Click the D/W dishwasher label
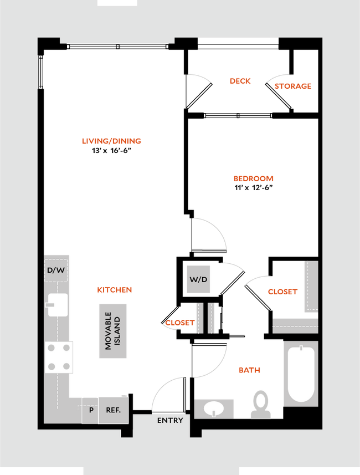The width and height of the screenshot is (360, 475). point(56,271)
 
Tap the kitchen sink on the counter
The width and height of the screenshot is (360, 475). point(58,304)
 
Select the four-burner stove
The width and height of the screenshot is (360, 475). point(59,357)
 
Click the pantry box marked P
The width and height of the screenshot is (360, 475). point(90,410)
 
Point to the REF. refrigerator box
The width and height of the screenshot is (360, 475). point(113,410)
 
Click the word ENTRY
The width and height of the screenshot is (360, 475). point(169,420)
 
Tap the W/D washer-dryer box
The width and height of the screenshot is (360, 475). point(198,279)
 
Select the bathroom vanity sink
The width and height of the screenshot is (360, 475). point(214,409)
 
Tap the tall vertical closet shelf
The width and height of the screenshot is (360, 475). point(310,287)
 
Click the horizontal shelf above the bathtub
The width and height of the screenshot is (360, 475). point(295,325)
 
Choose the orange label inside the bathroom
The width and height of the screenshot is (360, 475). point(249,370)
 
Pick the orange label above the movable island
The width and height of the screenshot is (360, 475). point(114,289)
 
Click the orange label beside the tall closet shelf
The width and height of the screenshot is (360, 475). point(282,292)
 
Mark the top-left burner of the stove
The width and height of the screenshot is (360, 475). point(52,348)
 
